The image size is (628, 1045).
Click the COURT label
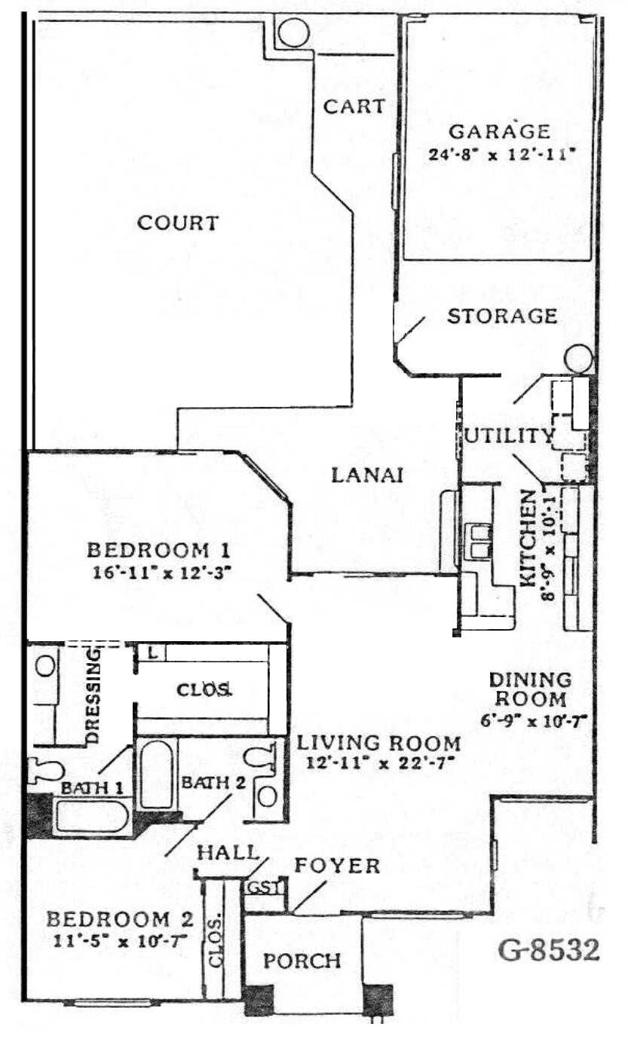(x=178, y=222)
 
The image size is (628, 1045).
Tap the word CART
(x=354, y=106)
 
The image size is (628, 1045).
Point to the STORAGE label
(x=502, y=316)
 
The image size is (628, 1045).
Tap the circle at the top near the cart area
(x=293, y=32)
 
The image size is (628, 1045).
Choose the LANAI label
(x=367, y=475)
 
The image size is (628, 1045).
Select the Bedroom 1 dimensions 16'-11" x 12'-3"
(x=162, y=573)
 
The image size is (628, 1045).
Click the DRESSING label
(x=93, y=696)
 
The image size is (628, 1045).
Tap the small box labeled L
(x=152, y=653)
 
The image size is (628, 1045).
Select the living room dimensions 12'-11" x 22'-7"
(x=379, y=764)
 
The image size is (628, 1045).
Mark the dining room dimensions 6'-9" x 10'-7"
(x=533, y=721)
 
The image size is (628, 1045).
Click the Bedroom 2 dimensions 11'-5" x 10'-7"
(x=120, y=942)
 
